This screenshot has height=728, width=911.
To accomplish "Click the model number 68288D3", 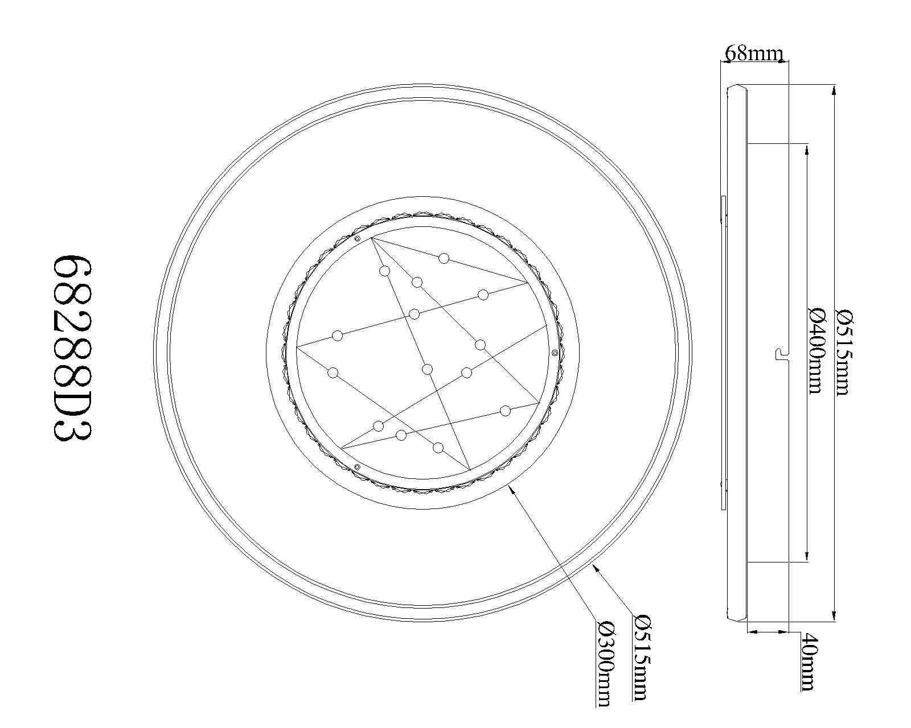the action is (72, 349).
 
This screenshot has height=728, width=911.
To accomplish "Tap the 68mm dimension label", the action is (754, 53).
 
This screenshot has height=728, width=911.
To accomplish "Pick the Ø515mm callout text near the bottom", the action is (639, 656).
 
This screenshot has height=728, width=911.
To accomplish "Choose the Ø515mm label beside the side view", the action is (843, 352).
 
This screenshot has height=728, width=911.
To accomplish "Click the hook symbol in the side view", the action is (781, 354).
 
